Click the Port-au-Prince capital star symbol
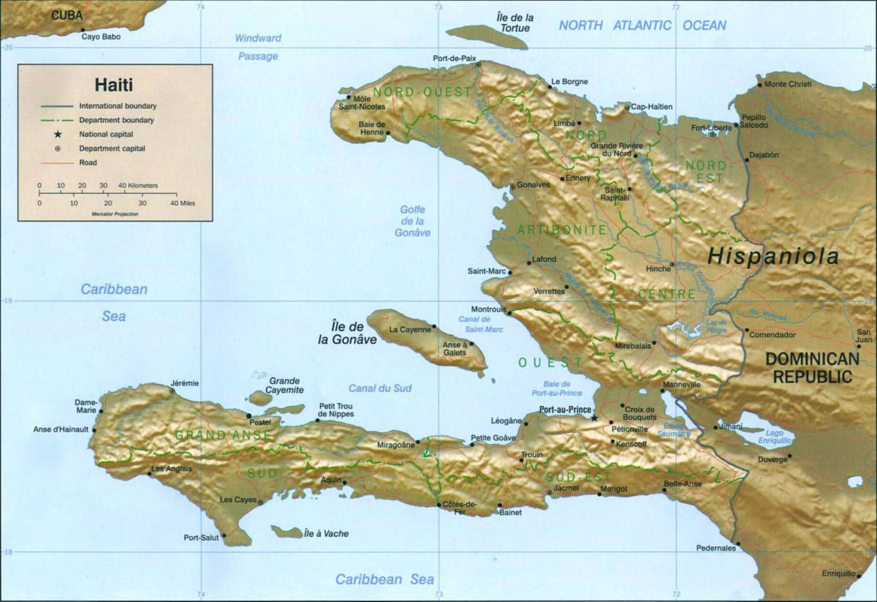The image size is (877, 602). click(x=594, y=418)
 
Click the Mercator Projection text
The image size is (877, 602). click(x=115, y=214)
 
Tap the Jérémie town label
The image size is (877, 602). click(x=183, y=383)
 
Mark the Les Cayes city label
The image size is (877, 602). click(x=238, y=500)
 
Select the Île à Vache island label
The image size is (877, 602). click(x=326, y=534)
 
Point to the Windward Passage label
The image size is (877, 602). click(x=257, y=47)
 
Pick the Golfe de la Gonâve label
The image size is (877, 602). click(x=413, y=221)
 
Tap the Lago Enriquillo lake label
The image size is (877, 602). click(x=775, y=437)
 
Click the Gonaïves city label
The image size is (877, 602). click(x=533, y=185)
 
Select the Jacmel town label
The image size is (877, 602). click(x=566, y=487)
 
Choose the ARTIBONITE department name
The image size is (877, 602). click(x=561, y=230)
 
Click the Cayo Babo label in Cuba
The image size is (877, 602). click(x=102, y=35)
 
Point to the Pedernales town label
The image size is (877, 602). click(x=715, y=547)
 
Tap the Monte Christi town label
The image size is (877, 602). click(x=788, y=84)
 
